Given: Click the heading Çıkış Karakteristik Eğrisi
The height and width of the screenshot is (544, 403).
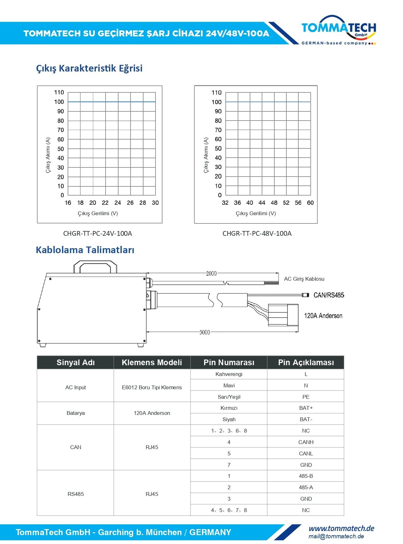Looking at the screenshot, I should click(x=89, y=68).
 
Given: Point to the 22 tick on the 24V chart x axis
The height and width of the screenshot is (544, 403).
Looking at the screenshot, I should click(x=105, y=203).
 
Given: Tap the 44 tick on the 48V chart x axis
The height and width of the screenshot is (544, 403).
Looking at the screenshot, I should click(x=262, y=203).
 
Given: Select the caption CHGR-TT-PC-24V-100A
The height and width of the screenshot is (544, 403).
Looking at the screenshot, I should click(x=97, y=234).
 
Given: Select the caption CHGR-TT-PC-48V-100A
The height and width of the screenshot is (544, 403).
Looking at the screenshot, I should click(x=257, y=234).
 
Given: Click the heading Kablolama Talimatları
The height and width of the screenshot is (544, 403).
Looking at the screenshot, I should click(x=85, y=250).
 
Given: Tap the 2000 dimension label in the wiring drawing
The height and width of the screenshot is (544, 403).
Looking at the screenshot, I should click(x=211, y=273).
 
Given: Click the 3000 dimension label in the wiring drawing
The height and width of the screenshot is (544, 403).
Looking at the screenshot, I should click(x=205, y=332).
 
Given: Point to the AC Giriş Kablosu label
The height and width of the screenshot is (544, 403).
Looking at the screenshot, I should click(x=304, y=279).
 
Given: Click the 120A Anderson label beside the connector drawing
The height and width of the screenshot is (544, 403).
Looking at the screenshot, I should click(x=323, y=316).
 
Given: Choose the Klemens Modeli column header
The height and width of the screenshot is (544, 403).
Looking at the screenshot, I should click(x=152, y=363).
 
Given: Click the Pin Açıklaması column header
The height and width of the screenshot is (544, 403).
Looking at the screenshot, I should click(x=306, y=363).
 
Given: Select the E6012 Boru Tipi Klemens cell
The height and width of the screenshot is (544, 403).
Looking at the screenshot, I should click(x=152, y=387).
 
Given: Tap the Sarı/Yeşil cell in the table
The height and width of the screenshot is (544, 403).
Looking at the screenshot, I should click(x=229, y=397).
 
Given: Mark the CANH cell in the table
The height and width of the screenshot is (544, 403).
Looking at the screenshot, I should click(x=306, y=442).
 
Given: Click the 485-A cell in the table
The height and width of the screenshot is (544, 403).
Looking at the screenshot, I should click(x=306, y=487).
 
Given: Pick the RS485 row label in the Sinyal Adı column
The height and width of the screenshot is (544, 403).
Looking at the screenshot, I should click(x=76, y=494).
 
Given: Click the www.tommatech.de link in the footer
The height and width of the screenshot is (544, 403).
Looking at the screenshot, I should click(x=341, y=528).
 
